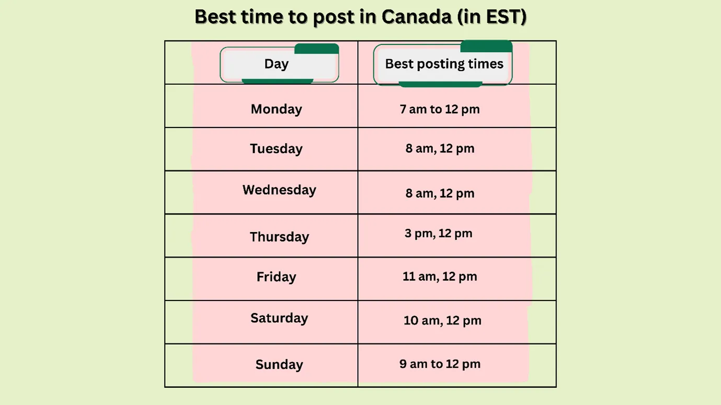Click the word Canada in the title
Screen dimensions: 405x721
click(416, 17)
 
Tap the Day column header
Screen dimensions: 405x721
click(276, 64)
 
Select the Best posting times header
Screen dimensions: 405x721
click(444, 64)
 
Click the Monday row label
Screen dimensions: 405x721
click(276, 109)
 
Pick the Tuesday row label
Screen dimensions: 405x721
click(276, 149)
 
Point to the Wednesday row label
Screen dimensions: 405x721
click(279, 190)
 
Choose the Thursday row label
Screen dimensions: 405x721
click(279, 237)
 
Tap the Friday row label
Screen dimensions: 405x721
click(276, 277)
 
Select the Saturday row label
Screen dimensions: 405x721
click(279, 318)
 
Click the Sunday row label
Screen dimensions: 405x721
click(279, 365)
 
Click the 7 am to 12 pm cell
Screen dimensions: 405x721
click(440, 110)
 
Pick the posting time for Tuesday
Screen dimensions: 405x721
click(440, 149)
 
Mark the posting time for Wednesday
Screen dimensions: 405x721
click(440, 193)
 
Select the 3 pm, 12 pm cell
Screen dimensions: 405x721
click(438, 234)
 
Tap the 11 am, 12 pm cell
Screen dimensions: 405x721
click(440, 277)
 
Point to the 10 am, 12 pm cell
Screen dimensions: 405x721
click(442, 321)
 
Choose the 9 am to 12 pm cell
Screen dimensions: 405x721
click(440, 364)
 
